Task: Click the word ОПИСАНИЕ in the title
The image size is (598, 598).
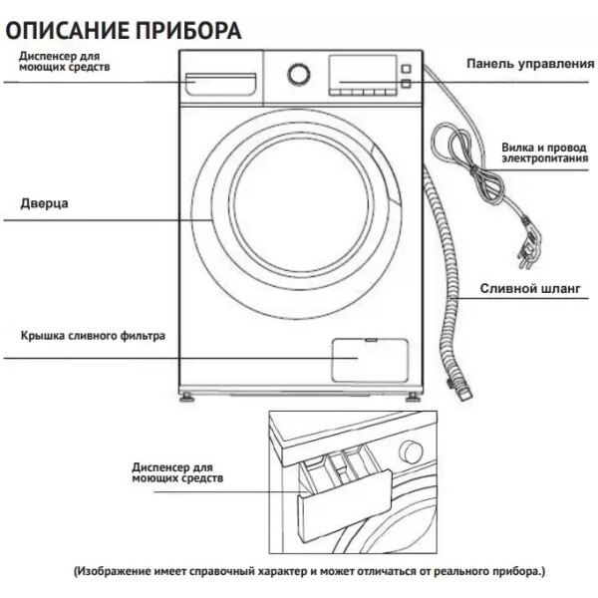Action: click(68, 31)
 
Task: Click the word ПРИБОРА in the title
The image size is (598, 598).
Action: click(188, 31)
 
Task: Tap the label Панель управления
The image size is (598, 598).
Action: click(530, 64)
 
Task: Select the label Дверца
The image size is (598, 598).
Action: click(44, 203)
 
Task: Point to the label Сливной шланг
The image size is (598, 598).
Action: click(530, 288)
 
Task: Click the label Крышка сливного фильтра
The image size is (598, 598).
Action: click(93, 336)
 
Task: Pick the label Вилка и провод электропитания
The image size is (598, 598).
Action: click(544, 152)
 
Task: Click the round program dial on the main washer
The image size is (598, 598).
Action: click(299, 74)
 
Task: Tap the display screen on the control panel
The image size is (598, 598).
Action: click(363, 72)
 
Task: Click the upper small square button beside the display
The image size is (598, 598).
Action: click(406, 69)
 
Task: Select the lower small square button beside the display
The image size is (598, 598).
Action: click(406, 84)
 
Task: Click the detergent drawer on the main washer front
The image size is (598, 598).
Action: click(221, 84)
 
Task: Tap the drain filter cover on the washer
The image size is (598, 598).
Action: click(370, 361)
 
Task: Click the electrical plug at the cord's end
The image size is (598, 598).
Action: click(529, 243)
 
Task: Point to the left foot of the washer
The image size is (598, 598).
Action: click(187, 398)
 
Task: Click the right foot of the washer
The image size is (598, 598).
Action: click(413, 398)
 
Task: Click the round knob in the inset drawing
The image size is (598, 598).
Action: click(411, 451)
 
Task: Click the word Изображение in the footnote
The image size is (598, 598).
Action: click(114, 571)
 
